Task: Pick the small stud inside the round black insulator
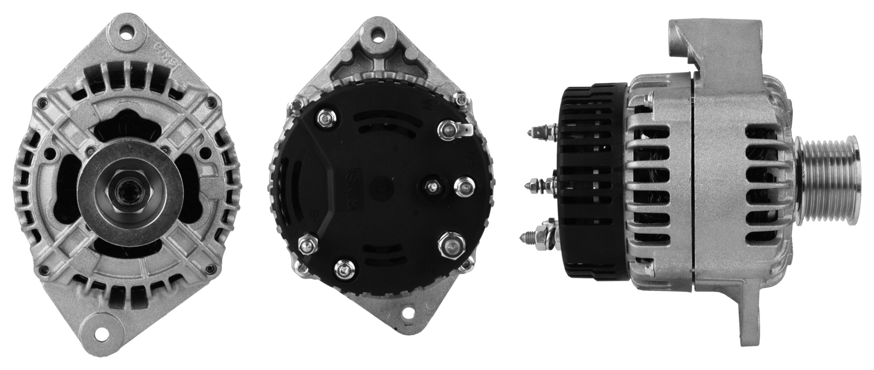pos(433,187)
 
